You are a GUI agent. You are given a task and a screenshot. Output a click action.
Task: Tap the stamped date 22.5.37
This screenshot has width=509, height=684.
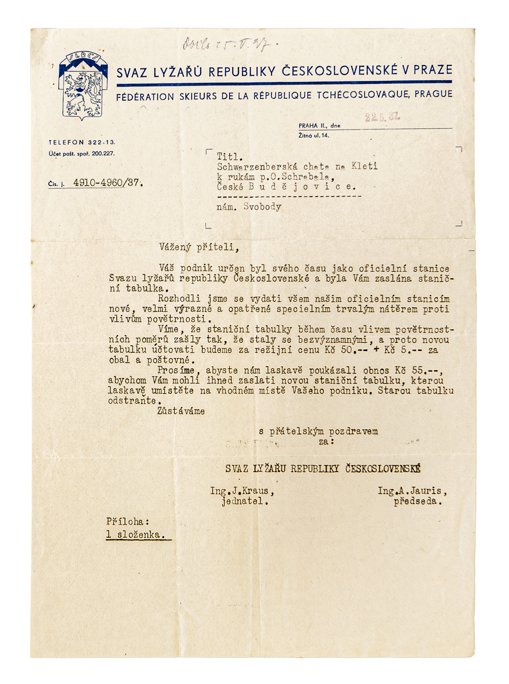pos(382,117)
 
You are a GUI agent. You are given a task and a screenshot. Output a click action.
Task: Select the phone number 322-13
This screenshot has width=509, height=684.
pos(101,142)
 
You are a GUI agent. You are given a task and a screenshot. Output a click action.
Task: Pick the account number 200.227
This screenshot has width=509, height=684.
pos(103,154)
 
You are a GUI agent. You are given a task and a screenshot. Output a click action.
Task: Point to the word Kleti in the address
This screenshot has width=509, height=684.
pos(364,166)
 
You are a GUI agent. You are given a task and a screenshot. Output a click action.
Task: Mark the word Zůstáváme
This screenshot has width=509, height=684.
pos(181,411)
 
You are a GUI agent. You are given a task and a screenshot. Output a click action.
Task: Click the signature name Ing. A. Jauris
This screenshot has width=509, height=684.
pos(412,491)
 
